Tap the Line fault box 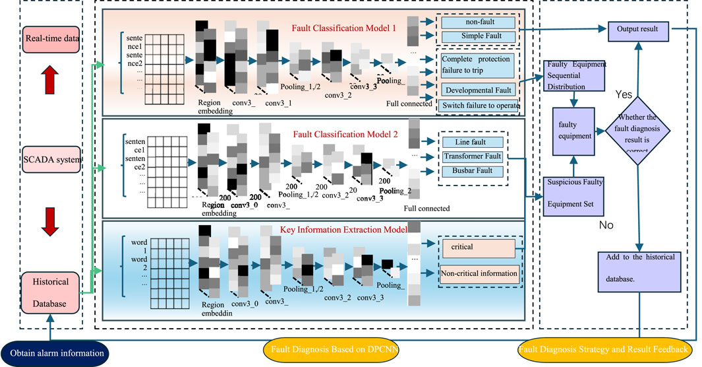click(x=473, y=143)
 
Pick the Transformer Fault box click(x=473, y=157)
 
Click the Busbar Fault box click(x=473, y=172)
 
